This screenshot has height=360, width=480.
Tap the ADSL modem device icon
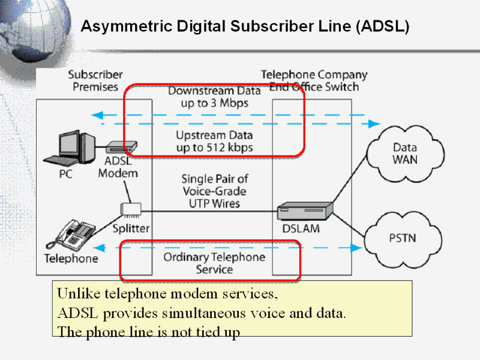point(122,146)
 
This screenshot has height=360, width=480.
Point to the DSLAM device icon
point(305,212)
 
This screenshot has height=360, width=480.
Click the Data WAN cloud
point(404,154)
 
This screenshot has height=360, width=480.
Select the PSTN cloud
point(404,238)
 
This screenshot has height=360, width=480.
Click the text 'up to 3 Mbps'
point(214,103)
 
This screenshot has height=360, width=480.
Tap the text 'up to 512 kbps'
point(214,147)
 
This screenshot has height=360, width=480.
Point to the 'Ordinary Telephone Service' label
point(214,263)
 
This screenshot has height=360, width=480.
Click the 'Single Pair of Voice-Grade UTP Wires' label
point(214,191)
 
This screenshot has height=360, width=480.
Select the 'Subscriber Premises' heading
point(95,81)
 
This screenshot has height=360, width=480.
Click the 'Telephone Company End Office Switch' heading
point(313,81)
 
